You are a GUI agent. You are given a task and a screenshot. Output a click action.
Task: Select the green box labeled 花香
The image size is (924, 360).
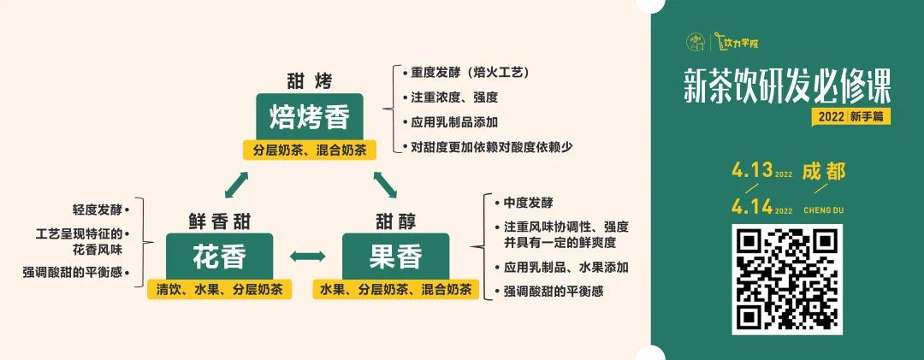click(x=220, y=255)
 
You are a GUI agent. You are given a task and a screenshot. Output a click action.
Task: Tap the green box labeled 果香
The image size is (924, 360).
click(x=394, y=255)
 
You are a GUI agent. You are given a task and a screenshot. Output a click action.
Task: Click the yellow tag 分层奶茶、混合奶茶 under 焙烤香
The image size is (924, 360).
click(x=310, y=150)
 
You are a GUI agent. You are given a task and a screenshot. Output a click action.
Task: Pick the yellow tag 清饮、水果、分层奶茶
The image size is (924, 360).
click(x=220, y=289)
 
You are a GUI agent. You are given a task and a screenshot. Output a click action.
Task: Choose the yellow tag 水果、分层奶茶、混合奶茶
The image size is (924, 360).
click(x=395, y=289)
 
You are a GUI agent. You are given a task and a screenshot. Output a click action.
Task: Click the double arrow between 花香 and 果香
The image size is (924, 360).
click(x=308, y=256)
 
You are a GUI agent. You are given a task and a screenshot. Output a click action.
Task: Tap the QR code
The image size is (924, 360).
click(x=787, y=279)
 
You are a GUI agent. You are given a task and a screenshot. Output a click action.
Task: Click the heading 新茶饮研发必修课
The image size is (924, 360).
click(x=787, y=87)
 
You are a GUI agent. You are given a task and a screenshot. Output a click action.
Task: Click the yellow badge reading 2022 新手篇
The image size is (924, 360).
click(x=851, y=117)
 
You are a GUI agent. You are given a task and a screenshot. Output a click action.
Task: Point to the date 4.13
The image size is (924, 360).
click(x=752, y=170)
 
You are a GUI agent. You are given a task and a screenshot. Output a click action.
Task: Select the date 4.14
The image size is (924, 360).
click(x=752, y=206)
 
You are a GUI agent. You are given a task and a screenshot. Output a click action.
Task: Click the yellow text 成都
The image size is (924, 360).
click(x=824, y=171)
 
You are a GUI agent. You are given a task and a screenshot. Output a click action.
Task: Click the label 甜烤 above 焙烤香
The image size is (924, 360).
click(x=309, y=81)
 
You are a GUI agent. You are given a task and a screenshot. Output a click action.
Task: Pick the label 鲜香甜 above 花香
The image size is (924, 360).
click(x=220, y=220)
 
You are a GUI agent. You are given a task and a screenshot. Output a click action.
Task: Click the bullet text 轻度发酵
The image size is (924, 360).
click(x=97, y=209)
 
